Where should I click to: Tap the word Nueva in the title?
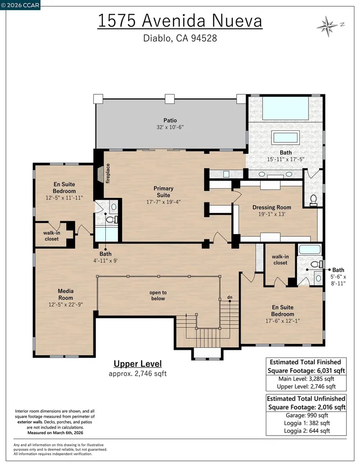(x=237, y=21)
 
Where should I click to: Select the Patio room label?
(x=170, y=120)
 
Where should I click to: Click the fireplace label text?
(x=108, y=173)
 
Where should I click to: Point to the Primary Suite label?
(x=163, y=192)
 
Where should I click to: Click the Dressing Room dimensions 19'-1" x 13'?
(x=272, y=214)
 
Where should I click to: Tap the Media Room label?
(x=66, y=294)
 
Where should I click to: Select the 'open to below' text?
(x=158, y=296)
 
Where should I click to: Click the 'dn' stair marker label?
(x=230, y=297)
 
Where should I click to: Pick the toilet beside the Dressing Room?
(x=313, y=200)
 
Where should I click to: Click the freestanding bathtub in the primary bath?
(x=286, y=138)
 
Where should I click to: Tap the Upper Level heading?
(x=138, y=363)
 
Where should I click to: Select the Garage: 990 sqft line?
(x=307, y=415)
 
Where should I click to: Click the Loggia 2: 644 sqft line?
(x=307, y=431)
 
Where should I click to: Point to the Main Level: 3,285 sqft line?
(x=306, y=379)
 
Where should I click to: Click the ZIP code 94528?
(x=204, y=38)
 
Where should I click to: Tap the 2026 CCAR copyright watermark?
(x=20, y=5)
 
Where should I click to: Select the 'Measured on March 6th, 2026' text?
(x=55, y=433)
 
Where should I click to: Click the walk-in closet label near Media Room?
(x=52, y=236)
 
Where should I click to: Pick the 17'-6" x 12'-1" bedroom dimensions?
(x=283, y=321)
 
